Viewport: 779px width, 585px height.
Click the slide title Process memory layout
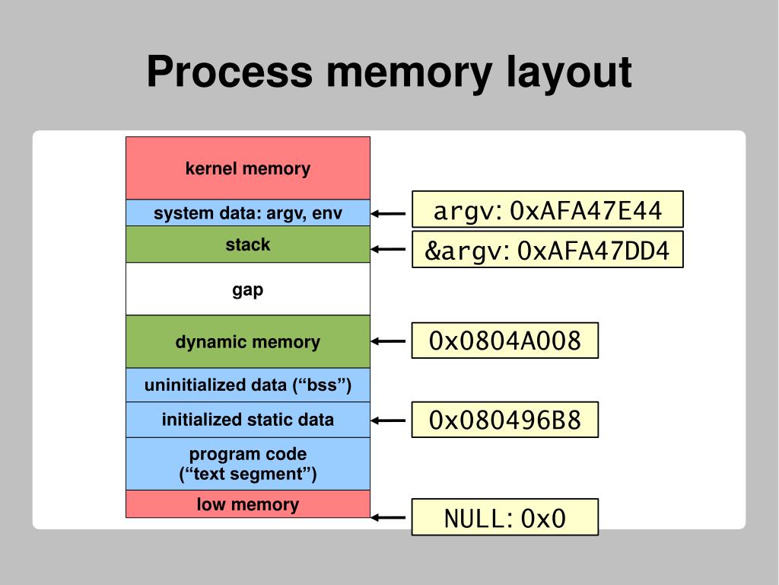point(389,72)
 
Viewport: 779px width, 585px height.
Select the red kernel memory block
point(248,168)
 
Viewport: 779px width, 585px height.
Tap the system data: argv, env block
point(248,213)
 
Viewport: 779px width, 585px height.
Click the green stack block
point(248,245)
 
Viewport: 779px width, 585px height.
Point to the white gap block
point(248,289)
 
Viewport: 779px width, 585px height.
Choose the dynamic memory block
point(248,342)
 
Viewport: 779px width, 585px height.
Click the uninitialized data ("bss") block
point(248,385)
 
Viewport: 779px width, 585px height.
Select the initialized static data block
point(248,420)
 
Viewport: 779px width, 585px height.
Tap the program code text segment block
point(248,464)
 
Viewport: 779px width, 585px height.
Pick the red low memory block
point(248,504)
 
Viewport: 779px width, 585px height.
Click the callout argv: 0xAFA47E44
point(548,209)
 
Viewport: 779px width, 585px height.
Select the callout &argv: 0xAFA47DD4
point(548,250)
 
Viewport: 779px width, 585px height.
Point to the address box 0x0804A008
point(505,340)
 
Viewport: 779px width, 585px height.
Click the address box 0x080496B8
point(505,420)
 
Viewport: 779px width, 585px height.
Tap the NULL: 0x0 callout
point(505,518)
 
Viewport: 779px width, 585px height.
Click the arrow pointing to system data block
point(389,214)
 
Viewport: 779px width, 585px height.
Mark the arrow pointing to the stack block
point(389,249)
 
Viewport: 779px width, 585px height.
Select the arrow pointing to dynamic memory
point(389,341)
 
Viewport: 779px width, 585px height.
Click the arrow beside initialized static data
point(389,420)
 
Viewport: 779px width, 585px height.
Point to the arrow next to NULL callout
point(389,518)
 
